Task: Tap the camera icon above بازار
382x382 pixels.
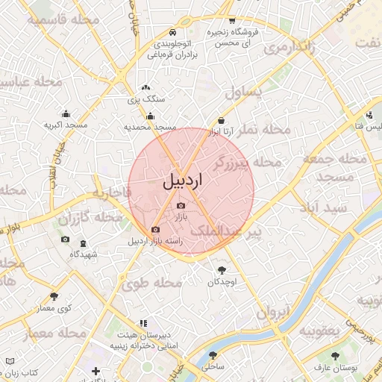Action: [x=181, y=205]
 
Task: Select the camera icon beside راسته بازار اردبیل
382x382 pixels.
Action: [x=155, y=230]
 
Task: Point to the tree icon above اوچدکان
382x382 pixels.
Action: [x=222, y=270]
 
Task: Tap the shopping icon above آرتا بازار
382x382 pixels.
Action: [x=222, y=121]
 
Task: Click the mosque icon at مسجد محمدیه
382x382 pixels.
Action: [x=151, y=116]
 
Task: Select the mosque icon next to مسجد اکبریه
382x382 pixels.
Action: [x=66, y=114]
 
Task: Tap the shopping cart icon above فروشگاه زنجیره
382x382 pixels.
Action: [x=233, y=21]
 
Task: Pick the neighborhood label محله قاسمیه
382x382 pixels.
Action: [x=66, y=19]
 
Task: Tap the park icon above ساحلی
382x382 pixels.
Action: [x=213, y=356]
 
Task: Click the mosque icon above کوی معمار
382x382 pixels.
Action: [x=54, y=296]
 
